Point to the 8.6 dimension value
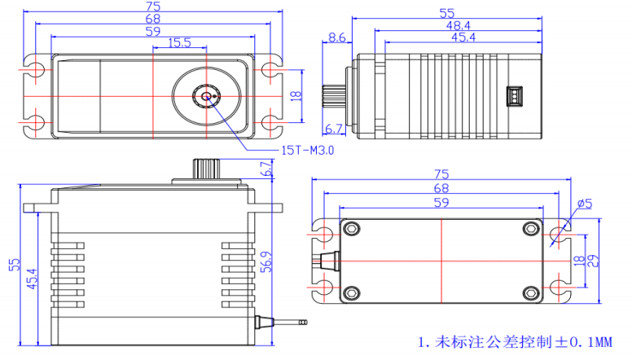[336, 37]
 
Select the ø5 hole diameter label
[584, 203]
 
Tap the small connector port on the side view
[515, 96]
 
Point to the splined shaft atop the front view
[204, 169]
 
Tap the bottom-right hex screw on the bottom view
[532, 292]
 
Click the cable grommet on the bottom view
[330, 261]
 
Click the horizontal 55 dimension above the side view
[446, 13]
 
